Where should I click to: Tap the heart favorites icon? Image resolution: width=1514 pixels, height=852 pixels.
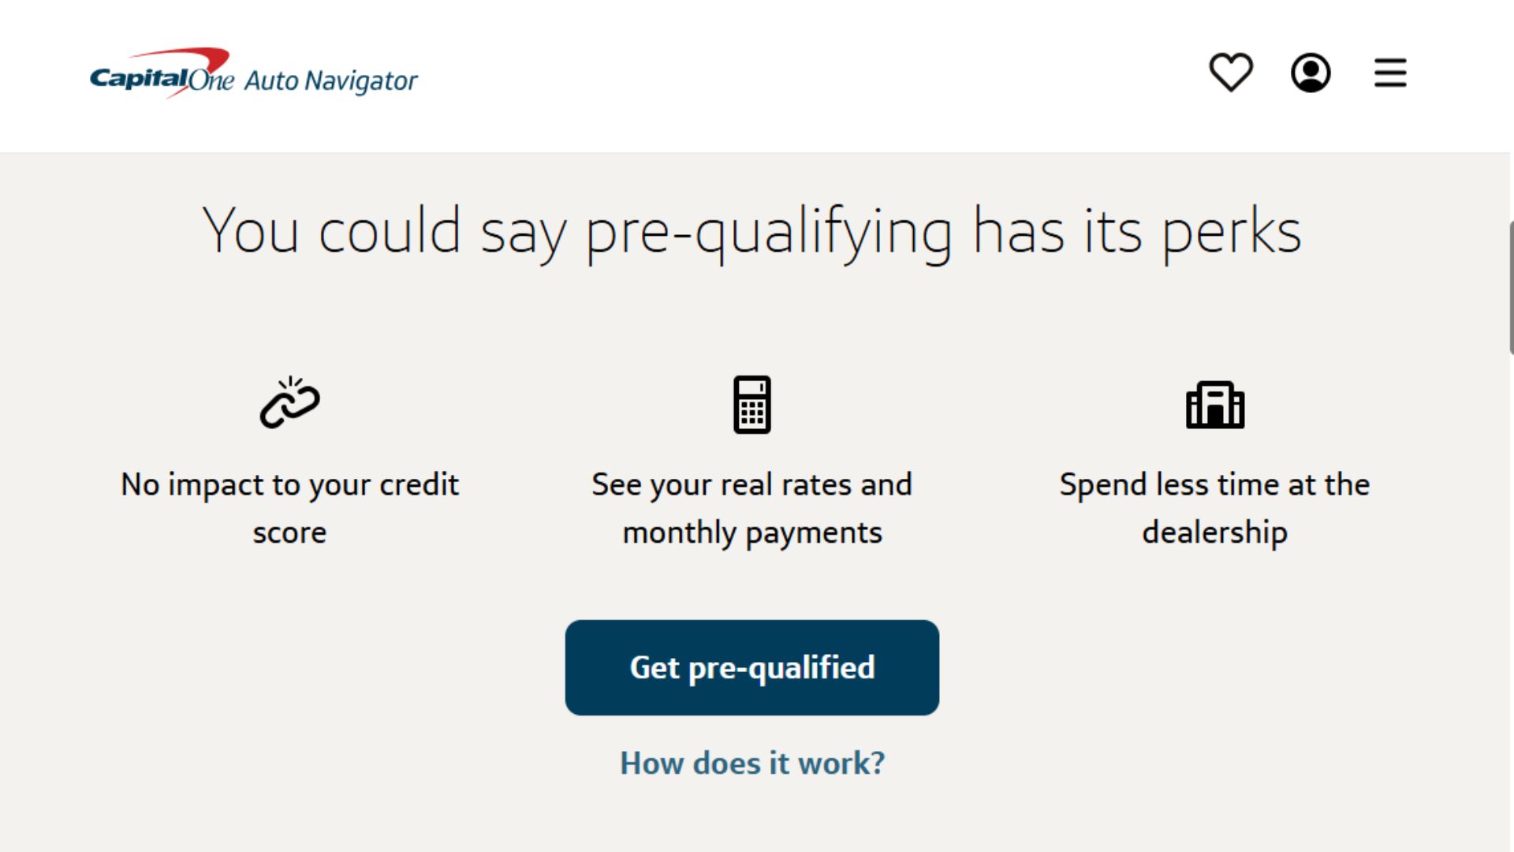pos(1231,73)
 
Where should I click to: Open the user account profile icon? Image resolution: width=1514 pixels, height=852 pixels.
pos(1311,73)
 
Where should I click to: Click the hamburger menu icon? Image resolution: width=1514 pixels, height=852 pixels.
pos(1390,73)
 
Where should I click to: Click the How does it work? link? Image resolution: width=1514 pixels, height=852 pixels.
pos(752,763)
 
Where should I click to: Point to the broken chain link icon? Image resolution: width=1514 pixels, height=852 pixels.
pos(290,402)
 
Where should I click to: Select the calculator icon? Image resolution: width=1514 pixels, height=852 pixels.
pos(752,405)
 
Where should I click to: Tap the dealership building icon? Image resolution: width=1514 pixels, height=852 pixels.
pos(1215,405)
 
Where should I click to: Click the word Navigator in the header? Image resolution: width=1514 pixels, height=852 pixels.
pos(361,81)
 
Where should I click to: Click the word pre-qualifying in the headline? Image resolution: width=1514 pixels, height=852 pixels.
pos(769,233)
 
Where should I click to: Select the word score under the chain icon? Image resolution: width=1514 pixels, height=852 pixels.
pos(289,533)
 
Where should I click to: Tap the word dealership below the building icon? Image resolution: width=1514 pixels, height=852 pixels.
pos(1214,532)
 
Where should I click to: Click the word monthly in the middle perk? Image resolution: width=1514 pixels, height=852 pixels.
pos(680,533)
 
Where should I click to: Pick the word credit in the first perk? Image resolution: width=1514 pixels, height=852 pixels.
pos(419,484)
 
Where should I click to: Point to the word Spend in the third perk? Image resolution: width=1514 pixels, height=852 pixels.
pos(1102,485)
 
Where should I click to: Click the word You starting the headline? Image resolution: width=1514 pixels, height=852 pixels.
pos(251,231)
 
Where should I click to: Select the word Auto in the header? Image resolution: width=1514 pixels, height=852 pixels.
pos(271,81)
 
